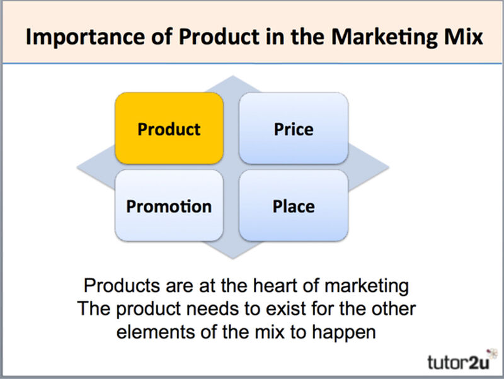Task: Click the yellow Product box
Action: coord(169,128)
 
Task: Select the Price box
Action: coord(294,128)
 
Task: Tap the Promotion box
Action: coord(169,206)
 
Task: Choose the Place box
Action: coord(294,206)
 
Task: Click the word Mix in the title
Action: coord(464,37)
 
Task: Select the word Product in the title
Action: coord(219,37)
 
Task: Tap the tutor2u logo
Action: coord(460,361)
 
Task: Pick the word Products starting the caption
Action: coord(122,285)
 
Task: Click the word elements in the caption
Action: coord(156,332)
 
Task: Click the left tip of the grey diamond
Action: coord(77,167)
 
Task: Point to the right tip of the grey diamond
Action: coord(389,167)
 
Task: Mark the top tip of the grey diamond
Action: coord(233,76)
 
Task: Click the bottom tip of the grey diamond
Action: coord(233,259)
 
